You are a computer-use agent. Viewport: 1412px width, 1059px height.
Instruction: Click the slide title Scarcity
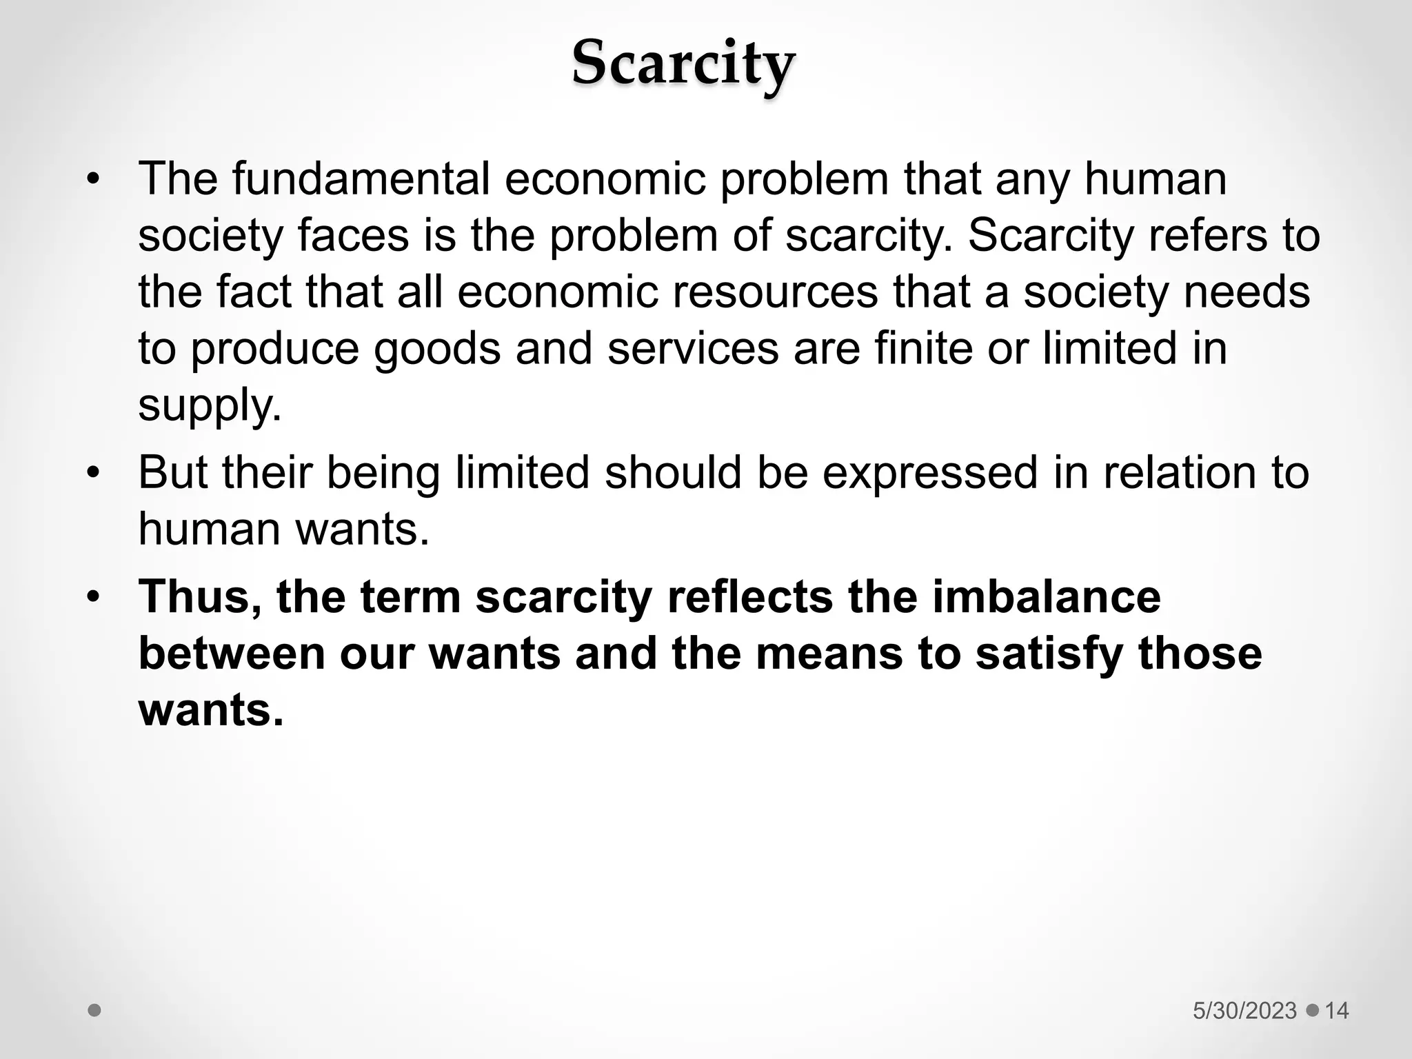click(683, 63)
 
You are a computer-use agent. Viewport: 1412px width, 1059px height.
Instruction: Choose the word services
click(693, 348)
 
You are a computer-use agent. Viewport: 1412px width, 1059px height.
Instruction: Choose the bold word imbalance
click(1047, 597)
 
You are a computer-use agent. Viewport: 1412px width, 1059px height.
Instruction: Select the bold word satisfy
click(1049, 654)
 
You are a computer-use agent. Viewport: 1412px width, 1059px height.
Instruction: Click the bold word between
click(232, 654)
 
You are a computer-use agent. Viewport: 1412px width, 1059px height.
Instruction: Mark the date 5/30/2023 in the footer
click(1244, 1011)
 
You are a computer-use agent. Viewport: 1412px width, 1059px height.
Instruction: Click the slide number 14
click(1337, 1011)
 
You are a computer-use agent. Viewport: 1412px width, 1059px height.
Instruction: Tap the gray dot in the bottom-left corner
click(94, 1010)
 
